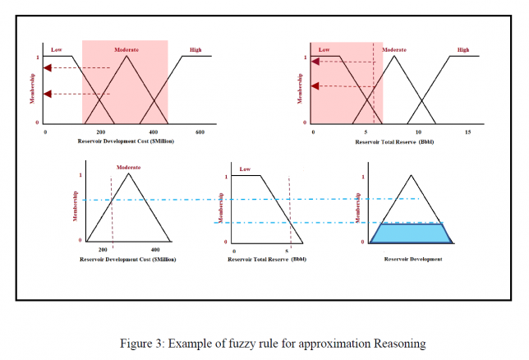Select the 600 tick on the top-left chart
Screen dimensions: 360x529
click(199, 132)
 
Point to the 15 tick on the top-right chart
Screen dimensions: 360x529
click(468, 132)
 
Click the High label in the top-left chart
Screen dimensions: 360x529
click(195, 49)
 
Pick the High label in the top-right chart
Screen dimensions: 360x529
click(463, 49)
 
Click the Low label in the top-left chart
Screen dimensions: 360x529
click(56, 49)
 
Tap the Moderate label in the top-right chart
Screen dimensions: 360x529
click(394, 49)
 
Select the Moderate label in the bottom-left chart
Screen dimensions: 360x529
click(128, 167)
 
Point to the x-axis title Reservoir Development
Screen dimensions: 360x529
click(413, 259)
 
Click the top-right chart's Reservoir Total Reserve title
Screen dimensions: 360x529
click(394, 141)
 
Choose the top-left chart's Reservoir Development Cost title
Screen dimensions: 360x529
click(128, 141)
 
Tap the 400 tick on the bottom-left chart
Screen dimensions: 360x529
click(155, 249)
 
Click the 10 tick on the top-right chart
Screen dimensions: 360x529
click(419, 132)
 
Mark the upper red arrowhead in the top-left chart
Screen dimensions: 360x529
click(48, 67)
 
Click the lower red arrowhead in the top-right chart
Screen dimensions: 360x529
click(315, 85)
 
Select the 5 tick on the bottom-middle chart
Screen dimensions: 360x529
click(287, 249)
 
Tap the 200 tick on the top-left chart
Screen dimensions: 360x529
click(100, 132)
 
